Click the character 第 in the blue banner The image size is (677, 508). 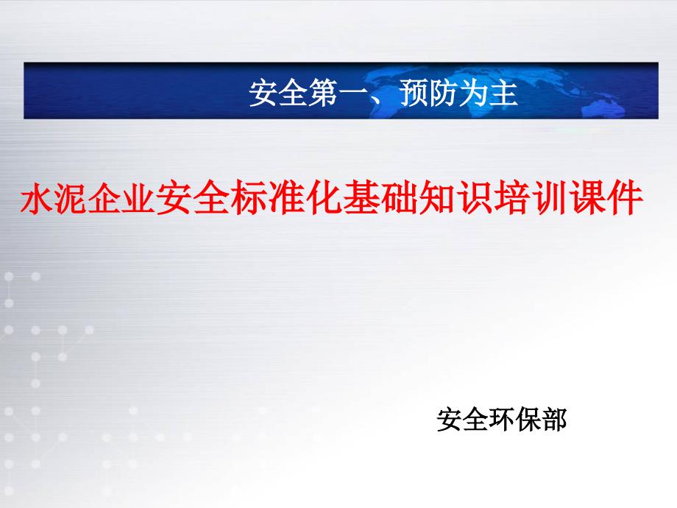(x=323, y=93)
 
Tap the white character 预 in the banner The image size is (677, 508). (x=414, y=93)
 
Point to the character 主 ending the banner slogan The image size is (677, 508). (x=504, y=93)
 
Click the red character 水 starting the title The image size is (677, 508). (x=38, y=199)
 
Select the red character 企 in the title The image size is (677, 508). (x=106, y=199)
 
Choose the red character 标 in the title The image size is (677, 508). (x=249, y=199)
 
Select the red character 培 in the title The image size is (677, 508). (x=512, y=199)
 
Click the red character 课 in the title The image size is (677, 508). (x=588, y=199)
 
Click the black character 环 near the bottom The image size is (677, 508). (x=501, y=419)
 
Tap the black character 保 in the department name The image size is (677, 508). (x=527, y=419)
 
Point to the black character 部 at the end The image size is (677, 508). (x=553, y=419)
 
